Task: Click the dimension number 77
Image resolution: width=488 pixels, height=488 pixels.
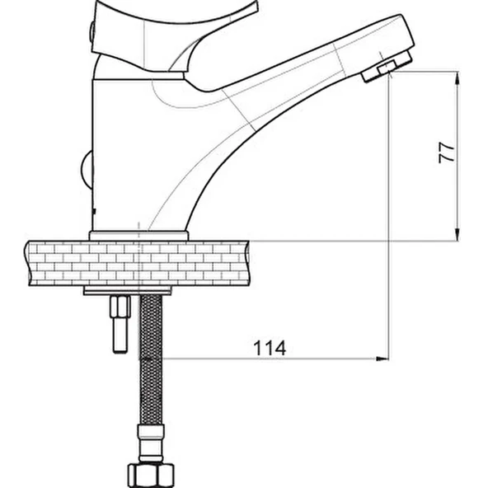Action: point(446,152)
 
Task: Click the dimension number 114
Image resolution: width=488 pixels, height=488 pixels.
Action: point(270,348)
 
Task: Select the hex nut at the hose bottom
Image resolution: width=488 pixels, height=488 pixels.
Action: point(151,476)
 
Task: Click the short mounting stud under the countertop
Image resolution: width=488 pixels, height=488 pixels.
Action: point(120,324)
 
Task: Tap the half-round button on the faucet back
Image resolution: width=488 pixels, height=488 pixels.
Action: point(87,170)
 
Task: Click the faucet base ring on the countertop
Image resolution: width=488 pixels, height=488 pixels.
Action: point(138,236)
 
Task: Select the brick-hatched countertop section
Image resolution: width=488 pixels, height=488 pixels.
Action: point(137,263)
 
